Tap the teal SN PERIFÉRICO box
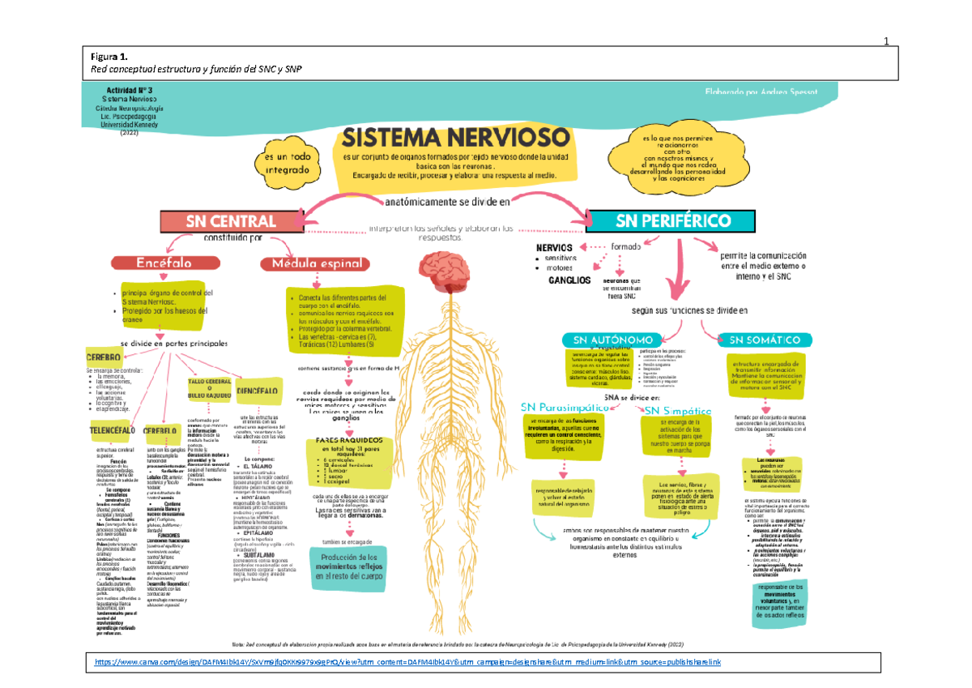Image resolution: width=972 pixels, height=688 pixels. pos(672,220)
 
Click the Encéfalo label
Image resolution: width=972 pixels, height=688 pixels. pos(163,263)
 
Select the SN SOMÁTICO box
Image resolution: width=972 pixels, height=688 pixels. pos(765,340)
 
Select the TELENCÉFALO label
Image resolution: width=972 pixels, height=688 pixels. pos(112,429)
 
